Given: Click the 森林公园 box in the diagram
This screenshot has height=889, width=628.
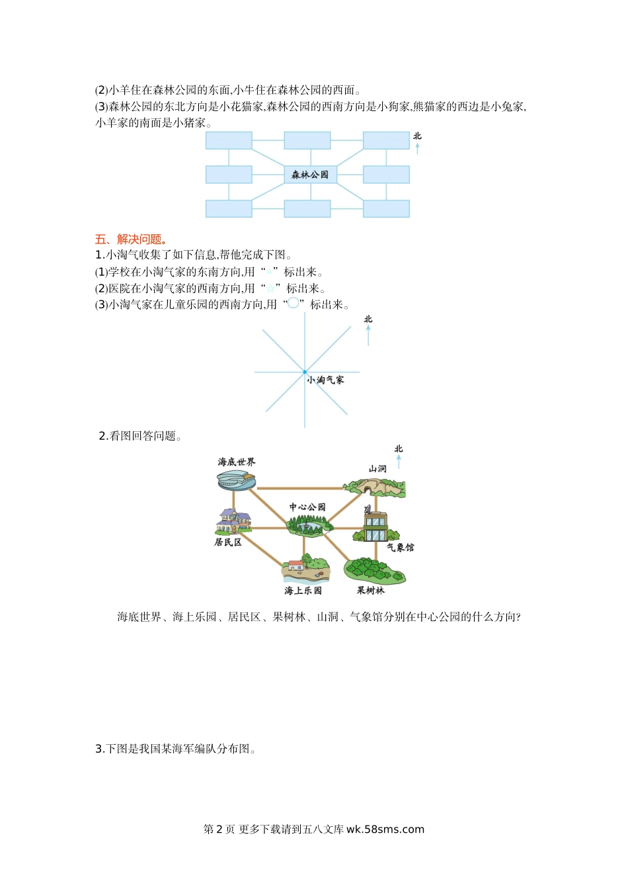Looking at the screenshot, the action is [311, 175].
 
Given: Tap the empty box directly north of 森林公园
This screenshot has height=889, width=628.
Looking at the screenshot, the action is [307, 140].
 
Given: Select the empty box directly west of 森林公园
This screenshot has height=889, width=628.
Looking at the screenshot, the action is [229, 175].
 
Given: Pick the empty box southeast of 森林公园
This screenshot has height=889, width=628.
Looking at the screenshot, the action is [387, 209].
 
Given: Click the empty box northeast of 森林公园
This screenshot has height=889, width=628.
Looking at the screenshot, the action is [387, 140].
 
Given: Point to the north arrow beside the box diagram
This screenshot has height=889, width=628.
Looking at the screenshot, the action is [417, 149].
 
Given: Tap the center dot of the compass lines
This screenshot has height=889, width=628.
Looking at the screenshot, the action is [305, 372].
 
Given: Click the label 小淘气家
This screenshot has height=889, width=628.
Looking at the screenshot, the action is [326, 380].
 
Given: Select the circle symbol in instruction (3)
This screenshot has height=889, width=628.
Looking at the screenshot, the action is [293, 303].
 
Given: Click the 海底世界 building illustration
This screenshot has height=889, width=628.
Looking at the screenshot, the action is [236, 481].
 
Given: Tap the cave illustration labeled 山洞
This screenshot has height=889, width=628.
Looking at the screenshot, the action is [375, 488].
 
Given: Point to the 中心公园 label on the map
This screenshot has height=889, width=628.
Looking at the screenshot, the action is [307, 507].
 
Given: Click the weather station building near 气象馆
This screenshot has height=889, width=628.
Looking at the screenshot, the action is [375, 524].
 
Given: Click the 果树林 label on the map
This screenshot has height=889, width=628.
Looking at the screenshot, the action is [371, 591].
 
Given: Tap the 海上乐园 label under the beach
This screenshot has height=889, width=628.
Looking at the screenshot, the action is [303, 591].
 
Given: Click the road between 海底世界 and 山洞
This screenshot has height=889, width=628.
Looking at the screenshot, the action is [300, 488].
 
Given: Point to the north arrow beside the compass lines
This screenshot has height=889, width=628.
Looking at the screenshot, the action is [368, 335].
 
